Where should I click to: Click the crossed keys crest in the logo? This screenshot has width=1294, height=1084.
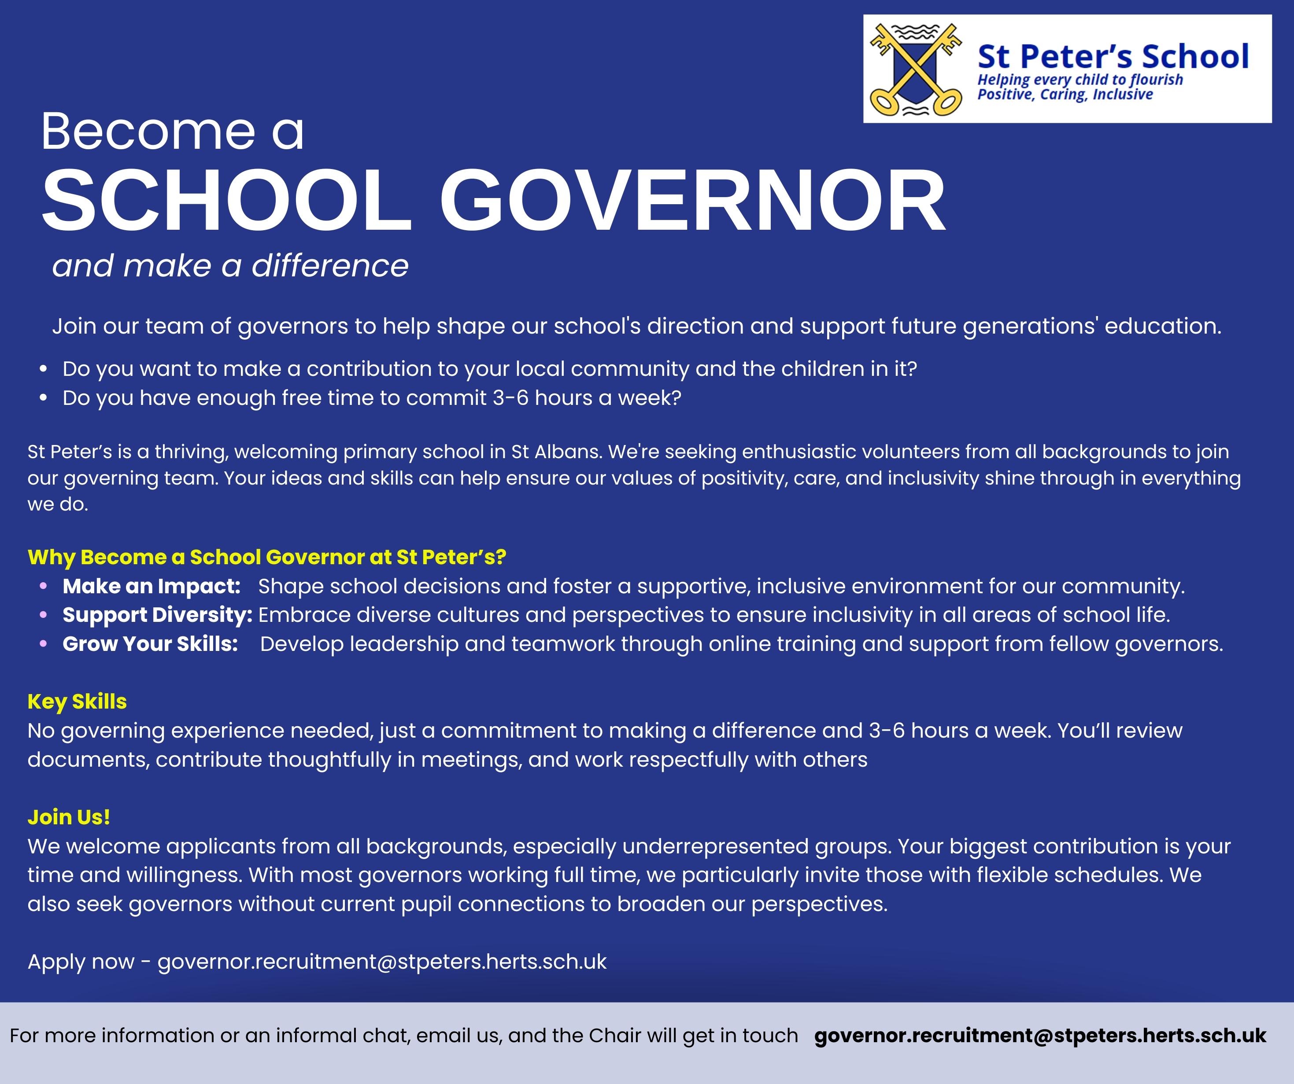point(915,70)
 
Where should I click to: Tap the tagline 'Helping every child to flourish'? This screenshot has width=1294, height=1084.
point(1080,80)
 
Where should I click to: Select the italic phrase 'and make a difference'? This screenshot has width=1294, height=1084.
point(230,266)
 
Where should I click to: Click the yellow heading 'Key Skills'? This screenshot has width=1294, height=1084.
point(77,702)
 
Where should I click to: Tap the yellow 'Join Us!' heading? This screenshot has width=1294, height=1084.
point(69,817)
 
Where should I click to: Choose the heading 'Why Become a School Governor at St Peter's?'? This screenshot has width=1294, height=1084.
point(267,557)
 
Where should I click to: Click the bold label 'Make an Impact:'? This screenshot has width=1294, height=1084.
point(152,586)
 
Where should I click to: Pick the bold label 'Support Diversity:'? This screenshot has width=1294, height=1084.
point(158,615)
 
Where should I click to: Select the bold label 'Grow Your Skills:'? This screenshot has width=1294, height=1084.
point(150,643)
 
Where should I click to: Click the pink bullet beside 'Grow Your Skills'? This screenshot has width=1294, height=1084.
point(43,643)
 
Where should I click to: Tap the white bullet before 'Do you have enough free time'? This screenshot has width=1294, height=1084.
point(43,398)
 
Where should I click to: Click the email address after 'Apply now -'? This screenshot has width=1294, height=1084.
point(382,962)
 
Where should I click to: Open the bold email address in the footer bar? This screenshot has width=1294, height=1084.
point(1040,1036)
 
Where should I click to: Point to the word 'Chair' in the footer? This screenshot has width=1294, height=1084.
point(615,1036)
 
